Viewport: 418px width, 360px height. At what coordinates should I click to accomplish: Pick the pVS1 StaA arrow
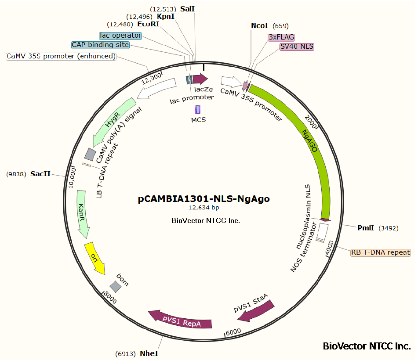coord(256,311)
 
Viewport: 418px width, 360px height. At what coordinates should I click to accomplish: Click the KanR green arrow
coord(82,213)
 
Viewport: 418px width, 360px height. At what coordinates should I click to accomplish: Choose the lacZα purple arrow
coord(200,79)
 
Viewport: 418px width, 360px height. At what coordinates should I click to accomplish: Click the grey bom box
coord(116,287)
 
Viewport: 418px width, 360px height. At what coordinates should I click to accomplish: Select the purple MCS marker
coord(197,109)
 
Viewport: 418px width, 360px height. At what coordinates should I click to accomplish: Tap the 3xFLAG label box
coord(281,37)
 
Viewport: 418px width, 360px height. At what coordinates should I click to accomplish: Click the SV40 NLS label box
coord(297,47)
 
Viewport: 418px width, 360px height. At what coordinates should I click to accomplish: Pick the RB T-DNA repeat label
coord(380,252)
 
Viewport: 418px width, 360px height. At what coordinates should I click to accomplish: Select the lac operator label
coord(120,36)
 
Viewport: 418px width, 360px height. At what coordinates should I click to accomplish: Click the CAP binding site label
coord(100,45)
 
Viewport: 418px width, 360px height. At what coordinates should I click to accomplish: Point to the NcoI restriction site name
coord(259,26)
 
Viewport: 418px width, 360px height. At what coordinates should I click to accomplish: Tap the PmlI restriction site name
coord(366,228)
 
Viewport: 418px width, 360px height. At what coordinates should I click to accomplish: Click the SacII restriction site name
coord(40,174)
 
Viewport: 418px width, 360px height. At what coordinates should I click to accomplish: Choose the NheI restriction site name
coord(149,353)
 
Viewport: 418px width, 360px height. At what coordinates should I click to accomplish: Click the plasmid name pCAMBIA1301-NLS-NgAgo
coord(204,199)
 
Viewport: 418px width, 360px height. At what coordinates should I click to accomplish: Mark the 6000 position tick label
coord(233,332)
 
